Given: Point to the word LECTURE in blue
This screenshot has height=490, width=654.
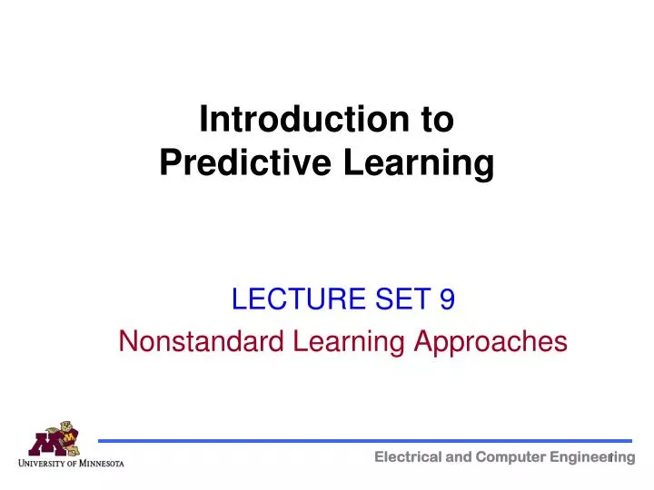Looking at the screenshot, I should click(x=288, y=298).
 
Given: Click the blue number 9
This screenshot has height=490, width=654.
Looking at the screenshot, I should click(x=447, y=298).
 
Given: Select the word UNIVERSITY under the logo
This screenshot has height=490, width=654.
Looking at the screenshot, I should click(x=45, y=464).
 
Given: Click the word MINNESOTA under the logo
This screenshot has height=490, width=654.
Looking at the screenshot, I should click(x=103, y=464).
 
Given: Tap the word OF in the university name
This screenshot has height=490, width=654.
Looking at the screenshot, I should click(x=76, y=464).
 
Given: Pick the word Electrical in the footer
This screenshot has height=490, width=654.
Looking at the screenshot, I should click(x=405, y=457).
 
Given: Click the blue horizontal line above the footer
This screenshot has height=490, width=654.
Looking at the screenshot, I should click(x=363, y=441).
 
